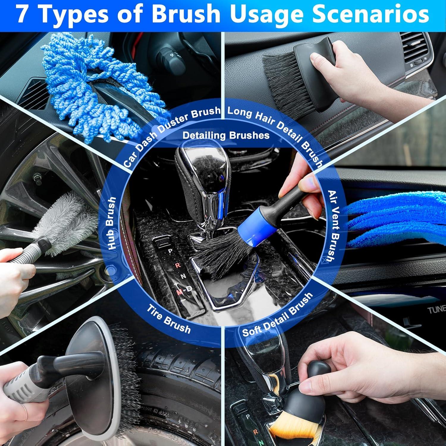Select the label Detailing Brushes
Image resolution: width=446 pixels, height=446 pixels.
tap(226, 136)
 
